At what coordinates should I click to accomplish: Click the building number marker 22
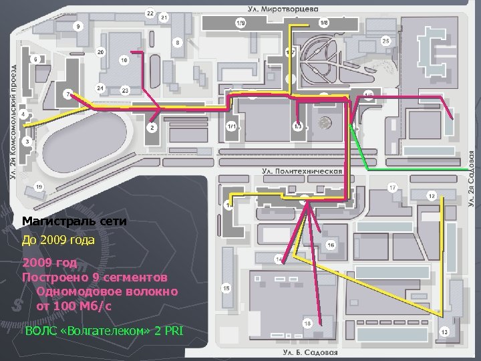point(150,13)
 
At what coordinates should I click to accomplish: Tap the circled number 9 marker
point(79,26)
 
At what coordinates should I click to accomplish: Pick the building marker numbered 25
point(386,41)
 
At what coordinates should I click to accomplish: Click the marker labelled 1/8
point(324,23)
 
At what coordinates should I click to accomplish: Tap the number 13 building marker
point(444,332)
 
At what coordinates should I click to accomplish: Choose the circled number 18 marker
point(307,324)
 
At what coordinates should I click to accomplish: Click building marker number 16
point(331,245)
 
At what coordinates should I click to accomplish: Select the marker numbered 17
point(393,186)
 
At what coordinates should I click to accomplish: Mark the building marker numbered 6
point(35,59)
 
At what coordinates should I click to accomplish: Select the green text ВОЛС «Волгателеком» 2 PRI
point(104,331)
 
